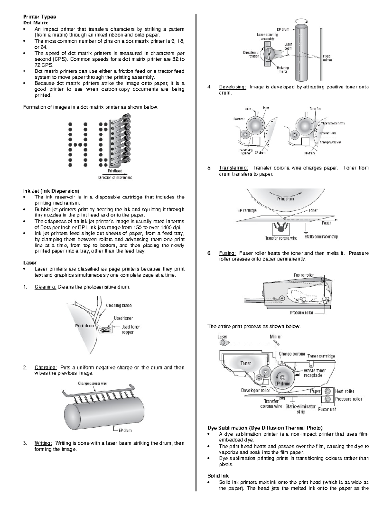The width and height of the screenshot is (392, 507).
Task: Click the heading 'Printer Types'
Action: [39, 17]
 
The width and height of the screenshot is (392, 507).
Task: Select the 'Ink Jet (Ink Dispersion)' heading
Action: [51, 191]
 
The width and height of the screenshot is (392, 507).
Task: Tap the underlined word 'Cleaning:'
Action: [45, 287]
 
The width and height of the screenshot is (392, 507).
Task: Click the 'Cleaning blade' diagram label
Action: [119, 306]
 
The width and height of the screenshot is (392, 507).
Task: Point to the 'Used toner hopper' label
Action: [131, 329]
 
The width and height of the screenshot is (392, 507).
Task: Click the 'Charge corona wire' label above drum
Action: [92, 383]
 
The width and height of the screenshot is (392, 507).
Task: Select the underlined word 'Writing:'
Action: [43, 443]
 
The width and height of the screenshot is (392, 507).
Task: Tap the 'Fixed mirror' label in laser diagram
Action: [327, 58]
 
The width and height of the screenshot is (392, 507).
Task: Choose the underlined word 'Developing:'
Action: [232, 87]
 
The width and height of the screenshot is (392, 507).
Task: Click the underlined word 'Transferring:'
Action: [234, 168]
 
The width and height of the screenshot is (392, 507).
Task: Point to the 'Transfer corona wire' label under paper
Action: [281, 238]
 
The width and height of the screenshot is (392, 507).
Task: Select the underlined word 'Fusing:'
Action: [227, 253]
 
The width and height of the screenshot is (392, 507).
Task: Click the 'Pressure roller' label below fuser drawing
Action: [302, 313]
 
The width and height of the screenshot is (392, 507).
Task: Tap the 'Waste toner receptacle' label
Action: [315, 373]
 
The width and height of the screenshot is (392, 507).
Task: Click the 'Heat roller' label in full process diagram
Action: [345, 391]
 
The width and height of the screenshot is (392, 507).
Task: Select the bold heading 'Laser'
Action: [30, 263]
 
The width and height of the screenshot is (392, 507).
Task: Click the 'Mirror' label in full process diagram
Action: [276, 337]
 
